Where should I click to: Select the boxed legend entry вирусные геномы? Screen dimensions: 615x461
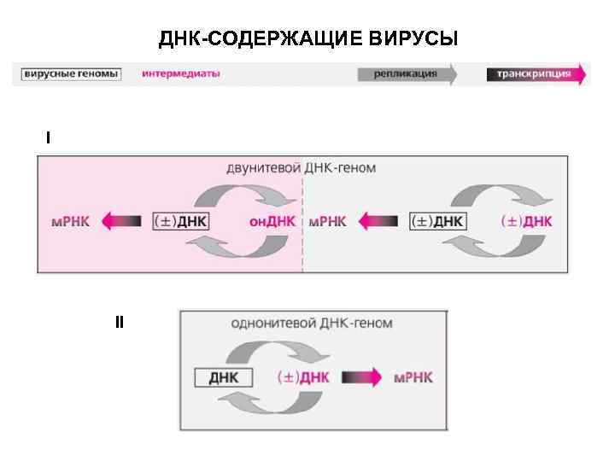tap(71, 74)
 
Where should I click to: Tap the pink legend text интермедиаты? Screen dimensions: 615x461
tap(181, 74)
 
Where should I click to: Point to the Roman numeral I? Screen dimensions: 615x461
tap(48, 137)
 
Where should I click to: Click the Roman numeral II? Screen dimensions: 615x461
tap(120, 322)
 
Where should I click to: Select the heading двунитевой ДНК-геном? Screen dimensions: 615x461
tap(301, 167)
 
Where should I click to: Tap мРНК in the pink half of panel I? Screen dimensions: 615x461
tap(70, 221)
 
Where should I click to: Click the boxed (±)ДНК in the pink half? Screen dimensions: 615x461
tap(180, 221)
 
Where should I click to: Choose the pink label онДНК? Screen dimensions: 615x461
tap(272, 221)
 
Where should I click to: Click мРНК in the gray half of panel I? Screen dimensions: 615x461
tap(327, 221)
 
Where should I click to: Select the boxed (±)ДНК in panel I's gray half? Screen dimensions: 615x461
tap(437, 221)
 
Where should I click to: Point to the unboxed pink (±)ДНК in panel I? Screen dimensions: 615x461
tap(526, 221)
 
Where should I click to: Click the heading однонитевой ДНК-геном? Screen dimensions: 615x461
tap(312, 324)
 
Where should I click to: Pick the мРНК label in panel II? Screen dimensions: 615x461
tap(413, 377)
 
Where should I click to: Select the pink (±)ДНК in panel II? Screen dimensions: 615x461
tap(304, 377)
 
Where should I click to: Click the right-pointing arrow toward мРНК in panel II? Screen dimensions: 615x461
tap(362, 377)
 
